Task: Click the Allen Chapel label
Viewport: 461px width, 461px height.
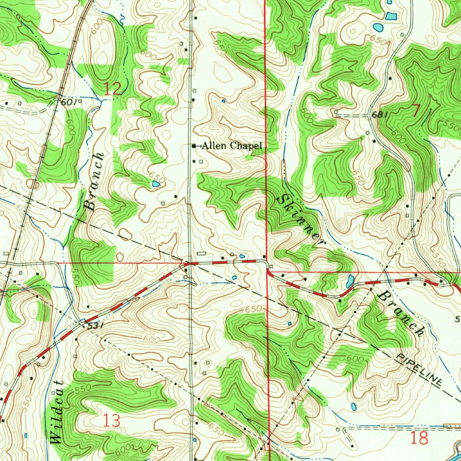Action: pos(231,145)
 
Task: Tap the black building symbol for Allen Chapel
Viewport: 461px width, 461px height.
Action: pos(194,146)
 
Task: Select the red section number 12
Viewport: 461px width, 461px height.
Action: pos(113,89)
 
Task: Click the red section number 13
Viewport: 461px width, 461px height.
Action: pos(111,421)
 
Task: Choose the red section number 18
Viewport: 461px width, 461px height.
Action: pos(419,438)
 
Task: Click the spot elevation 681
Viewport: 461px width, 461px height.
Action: pos(380,115)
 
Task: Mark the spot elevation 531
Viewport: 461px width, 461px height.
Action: pos(93,325)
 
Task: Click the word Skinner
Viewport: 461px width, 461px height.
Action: pos(301,219)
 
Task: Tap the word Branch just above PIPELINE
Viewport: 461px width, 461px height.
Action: pos(401,314)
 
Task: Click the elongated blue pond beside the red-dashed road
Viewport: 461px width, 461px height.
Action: pos(348,282)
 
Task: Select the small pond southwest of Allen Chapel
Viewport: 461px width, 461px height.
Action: pos(156,184)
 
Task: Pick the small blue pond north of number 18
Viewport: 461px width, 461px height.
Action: pos(353,407)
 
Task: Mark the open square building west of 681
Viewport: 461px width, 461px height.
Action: pos(336,111)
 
